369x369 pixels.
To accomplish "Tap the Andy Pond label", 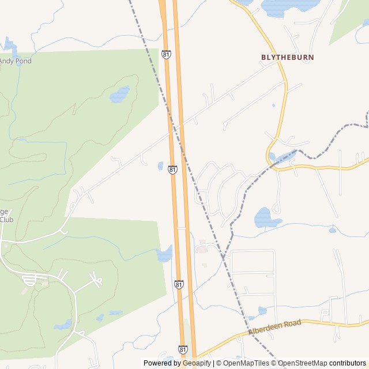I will (16, 61).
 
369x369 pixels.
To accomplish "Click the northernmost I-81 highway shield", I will (166, 54).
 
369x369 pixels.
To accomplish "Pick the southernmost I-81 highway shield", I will (182, 349).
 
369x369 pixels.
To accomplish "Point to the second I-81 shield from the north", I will (172, 170).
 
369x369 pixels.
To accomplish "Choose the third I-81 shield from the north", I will (179, 284).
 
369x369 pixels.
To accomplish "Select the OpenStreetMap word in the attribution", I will (303, 363).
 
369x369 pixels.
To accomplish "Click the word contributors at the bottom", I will (348, 363).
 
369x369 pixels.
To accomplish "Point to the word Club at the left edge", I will (6, 220).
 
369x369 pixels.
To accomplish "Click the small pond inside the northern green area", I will (120, 93).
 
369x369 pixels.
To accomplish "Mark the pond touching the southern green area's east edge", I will (164, 254).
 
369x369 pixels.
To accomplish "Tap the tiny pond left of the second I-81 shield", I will (160, 166).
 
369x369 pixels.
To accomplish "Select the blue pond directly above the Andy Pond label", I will (10, 45).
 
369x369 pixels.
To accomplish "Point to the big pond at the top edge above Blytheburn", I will (288, 6).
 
